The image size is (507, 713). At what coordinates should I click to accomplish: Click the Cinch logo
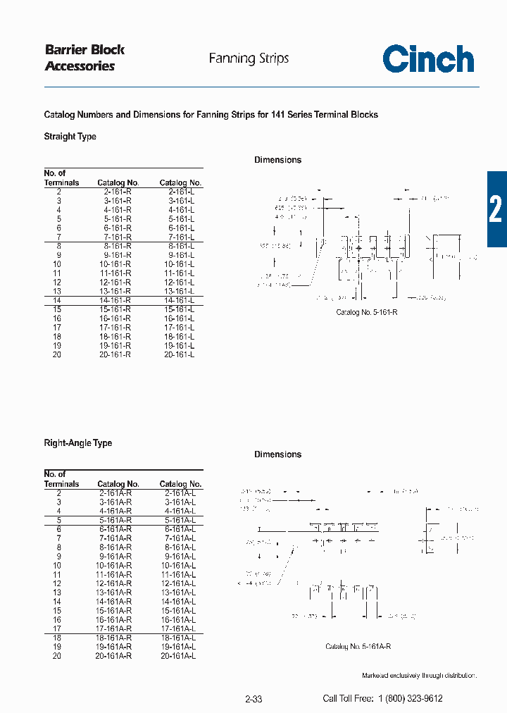428,59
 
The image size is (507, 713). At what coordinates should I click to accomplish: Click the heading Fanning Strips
249,58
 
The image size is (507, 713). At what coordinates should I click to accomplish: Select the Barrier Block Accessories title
84,58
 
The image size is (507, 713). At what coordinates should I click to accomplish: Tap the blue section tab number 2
496,209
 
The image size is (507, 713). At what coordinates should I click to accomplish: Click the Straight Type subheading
70,137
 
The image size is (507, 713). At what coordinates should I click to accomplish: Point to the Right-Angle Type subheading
77,443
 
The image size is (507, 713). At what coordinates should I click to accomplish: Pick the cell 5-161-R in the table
117,219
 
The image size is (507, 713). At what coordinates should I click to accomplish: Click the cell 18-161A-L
180,638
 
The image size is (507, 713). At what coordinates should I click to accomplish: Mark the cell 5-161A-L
180,521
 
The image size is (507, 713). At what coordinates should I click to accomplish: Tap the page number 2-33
254,699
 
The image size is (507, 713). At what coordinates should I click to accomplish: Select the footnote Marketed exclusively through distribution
419,676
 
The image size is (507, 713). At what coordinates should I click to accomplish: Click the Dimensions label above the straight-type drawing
277,160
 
